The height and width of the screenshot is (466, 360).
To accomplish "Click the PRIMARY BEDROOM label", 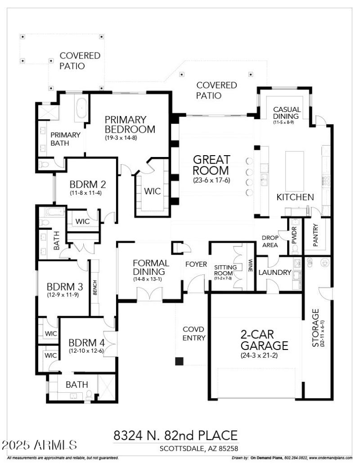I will tap(130, 125).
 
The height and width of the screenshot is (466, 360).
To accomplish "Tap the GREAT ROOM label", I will tap(211, 165).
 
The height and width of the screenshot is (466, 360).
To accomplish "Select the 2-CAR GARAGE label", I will tap(264, 340).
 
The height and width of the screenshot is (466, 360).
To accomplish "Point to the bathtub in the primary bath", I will tap(82, 109).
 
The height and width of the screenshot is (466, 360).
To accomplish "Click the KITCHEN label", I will tap(295, 197).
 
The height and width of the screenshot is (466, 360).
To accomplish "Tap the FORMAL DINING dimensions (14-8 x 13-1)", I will tap(150, 279).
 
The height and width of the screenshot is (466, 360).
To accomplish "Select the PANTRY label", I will tap(316, 235).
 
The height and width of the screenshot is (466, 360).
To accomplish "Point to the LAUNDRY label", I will tap(274, 273).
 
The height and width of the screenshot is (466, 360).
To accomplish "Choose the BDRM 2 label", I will tap(87, 184).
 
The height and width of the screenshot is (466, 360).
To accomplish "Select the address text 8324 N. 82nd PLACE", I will tap(175, 435).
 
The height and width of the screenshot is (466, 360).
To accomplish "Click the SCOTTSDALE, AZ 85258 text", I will tap(198, 448).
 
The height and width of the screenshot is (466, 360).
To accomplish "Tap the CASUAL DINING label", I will tap(287, 112).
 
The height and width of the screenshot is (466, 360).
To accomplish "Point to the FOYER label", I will tap(196, 264).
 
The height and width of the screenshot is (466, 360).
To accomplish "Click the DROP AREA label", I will tap(270, 242).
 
